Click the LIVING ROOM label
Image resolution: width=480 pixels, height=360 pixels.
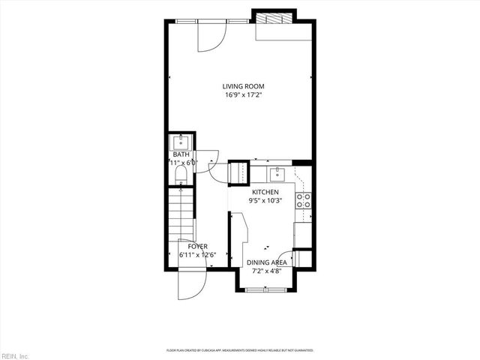[243, 86]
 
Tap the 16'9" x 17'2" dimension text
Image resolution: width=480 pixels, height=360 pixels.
[243, 95]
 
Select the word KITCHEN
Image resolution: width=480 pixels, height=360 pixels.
[265, 192]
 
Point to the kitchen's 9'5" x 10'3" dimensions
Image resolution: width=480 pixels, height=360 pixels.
[265, 201]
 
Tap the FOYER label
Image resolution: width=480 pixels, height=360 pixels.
[197, 246]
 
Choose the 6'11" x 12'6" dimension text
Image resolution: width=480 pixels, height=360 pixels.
[197, 255]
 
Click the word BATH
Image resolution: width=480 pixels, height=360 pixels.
[181, 154]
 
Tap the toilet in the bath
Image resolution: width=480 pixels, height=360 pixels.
[180, 175]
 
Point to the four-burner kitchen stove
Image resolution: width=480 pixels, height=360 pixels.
[304, 200]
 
